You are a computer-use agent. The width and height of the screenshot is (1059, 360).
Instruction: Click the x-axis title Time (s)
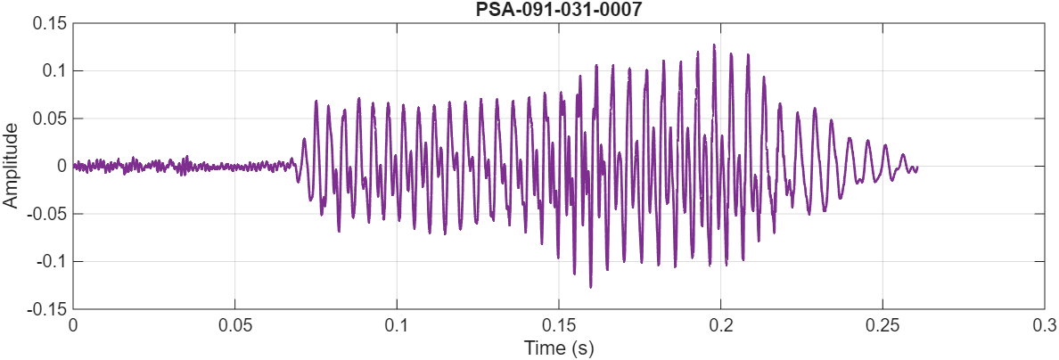(559, 347)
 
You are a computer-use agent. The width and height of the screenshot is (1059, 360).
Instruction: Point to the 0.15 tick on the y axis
(50, 23)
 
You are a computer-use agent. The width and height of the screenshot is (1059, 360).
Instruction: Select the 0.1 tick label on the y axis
(53, 70)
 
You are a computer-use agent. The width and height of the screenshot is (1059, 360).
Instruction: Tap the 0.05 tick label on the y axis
(50, 119)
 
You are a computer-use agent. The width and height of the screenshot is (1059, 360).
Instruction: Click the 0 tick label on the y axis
(62, 166)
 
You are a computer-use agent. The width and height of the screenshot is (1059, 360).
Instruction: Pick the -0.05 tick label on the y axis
(48, 214)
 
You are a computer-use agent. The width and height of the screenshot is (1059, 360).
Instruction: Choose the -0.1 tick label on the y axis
(51, 261)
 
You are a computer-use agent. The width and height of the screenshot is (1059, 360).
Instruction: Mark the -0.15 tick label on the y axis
(48, 309)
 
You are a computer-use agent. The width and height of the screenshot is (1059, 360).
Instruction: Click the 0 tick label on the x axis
(73, 324)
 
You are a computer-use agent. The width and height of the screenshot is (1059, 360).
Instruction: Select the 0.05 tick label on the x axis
(235, 324)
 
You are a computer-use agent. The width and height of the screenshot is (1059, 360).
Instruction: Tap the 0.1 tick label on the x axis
(398, 324)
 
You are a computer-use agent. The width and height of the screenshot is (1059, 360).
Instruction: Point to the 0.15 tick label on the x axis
(559, 324)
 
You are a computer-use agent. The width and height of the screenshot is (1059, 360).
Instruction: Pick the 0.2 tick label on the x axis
(721, 324)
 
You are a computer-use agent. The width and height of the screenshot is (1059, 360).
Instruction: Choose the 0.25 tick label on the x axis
(883, 324)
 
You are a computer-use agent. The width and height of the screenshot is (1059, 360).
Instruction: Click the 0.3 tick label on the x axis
(1045, 324)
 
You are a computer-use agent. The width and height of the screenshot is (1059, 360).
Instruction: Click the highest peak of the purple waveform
(714, 45)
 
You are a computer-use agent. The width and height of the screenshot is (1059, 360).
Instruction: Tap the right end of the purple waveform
(916, 168)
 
